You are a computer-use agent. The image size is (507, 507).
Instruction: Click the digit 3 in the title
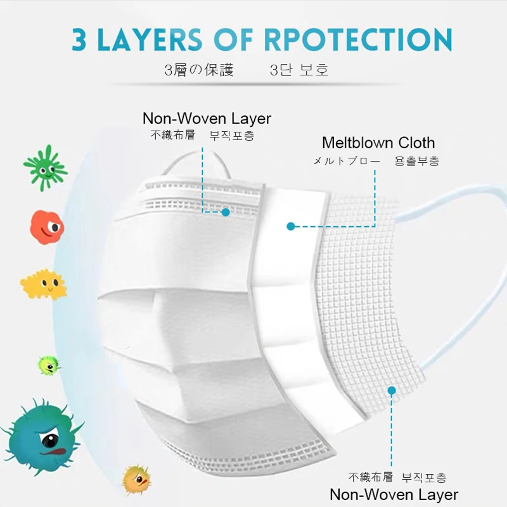click(80, 39)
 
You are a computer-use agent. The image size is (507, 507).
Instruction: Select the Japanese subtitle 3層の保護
click(198, 70)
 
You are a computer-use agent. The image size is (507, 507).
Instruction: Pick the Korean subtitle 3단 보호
click(299, 70)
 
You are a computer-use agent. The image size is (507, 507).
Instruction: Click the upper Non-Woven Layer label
click(207, 119)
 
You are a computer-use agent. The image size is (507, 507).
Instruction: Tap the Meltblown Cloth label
click(378, 143)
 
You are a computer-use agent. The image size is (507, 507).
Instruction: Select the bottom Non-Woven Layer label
click(394, 494)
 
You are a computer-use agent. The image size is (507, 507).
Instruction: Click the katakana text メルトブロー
click(347, 161)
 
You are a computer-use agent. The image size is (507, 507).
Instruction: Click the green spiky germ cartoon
click(45, 167)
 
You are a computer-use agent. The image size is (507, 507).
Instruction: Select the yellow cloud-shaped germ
click(43, 285)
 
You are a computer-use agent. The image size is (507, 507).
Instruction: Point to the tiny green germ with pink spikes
click(48, 364)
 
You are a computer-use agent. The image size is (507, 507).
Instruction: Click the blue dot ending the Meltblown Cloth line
click(291, 226)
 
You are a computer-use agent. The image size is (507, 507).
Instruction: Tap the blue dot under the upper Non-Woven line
click(225, 212)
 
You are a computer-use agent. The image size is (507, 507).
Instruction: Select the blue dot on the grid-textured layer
click(392, 390)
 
